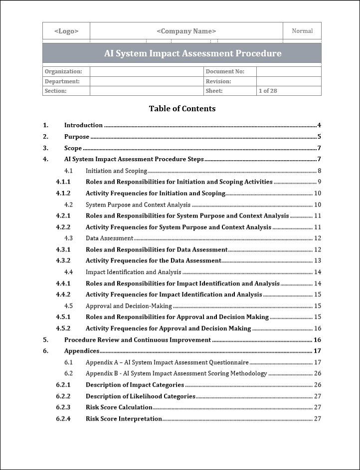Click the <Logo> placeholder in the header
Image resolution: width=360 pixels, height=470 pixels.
coord(66,31)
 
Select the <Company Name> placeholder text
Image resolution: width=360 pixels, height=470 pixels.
coord(186,31)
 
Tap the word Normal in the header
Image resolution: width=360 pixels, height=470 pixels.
coord(302,31)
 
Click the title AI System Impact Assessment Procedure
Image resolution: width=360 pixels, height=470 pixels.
coord(192,53)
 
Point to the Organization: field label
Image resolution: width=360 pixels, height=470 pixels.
coord(63,71)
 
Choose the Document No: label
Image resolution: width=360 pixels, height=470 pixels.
coord(225,71)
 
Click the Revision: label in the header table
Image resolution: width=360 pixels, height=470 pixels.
coord(218,81)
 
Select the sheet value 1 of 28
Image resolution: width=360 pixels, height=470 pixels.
coord(268,91)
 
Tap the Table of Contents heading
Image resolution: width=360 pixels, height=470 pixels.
coord(182,108)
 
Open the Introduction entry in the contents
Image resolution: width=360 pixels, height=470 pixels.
coord(83,125)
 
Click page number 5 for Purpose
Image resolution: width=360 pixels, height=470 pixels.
coord(319,137)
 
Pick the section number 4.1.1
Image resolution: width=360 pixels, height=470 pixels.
coord(63,182)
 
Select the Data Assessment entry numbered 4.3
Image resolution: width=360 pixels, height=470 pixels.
coord(109,238)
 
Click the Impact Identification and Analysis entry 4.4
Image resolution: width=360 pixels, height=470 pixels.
coord(133,272)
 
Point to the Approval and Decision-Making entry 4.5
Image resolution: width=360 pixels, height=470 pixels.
coord(129,306)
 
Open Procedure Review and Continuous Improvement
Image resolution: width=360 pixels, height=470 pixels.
coord(137,340)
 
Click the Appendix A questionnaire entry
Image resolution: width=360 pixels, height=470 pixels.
coord(167,362)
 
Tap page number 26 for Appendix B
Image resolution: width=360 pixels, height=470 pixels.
coord(317,374)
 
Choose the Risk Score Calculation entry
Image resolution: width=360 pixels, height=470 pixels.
coord(119,407)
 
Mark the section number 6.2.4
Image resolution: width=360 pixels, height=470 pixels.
coord(63,419)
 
